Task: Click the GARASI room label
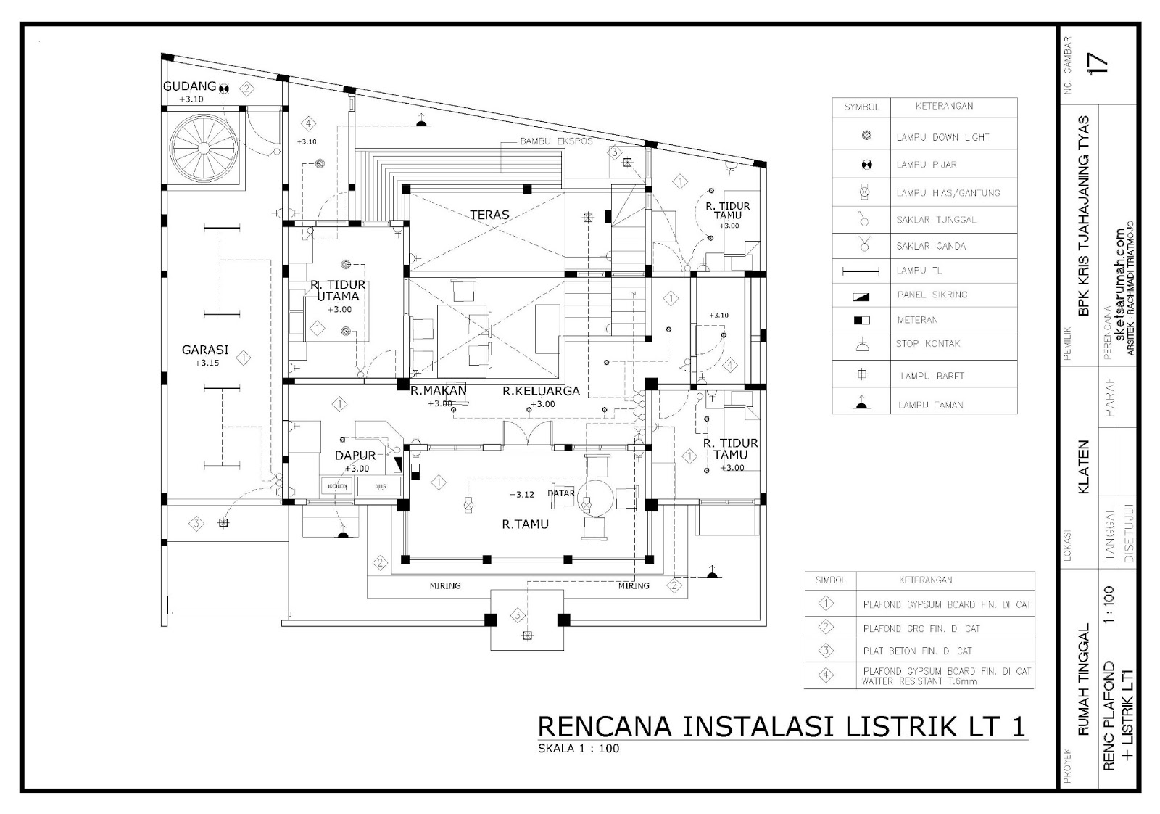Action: point(205,350)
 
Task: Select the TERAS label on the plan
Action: point(489,215)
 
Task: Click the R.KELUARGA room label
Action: point(542,391)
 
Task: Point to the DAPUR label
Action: point(355,456)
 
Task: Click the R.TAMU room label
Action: point(525,524)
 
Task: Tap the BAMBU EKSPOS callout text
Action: point(556,141)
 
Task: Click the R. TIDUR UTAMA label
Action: point(339,290)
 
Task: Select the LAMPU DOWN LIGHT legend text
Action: point(942,137)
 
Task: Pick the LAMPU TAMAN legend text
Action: point(930,405)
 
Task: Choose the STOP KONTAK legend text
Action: point(927,343)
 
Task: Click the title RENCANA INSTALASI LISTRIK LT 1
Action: point(781,727)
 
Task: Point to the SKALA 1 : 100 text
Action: point(578,749)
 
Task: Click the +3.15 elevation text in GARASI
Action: point(207,363)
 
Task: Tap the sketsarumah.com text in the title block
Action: point(1119,290)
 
